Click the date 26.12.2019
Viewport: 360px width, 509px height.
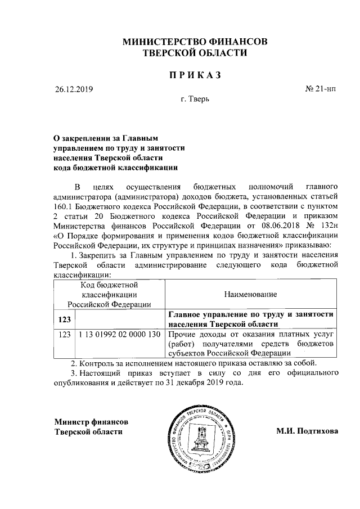74,89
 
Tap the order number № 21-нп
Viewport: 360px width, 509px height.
321,89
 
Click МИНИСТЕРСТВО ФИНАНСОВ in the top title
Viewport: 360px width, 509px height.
195,42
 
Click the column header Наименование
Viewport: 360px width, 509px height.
250,294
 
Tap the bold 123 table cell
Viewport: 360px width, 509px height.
65,319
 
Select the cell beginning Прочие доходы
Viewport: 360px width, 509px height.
251,344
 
